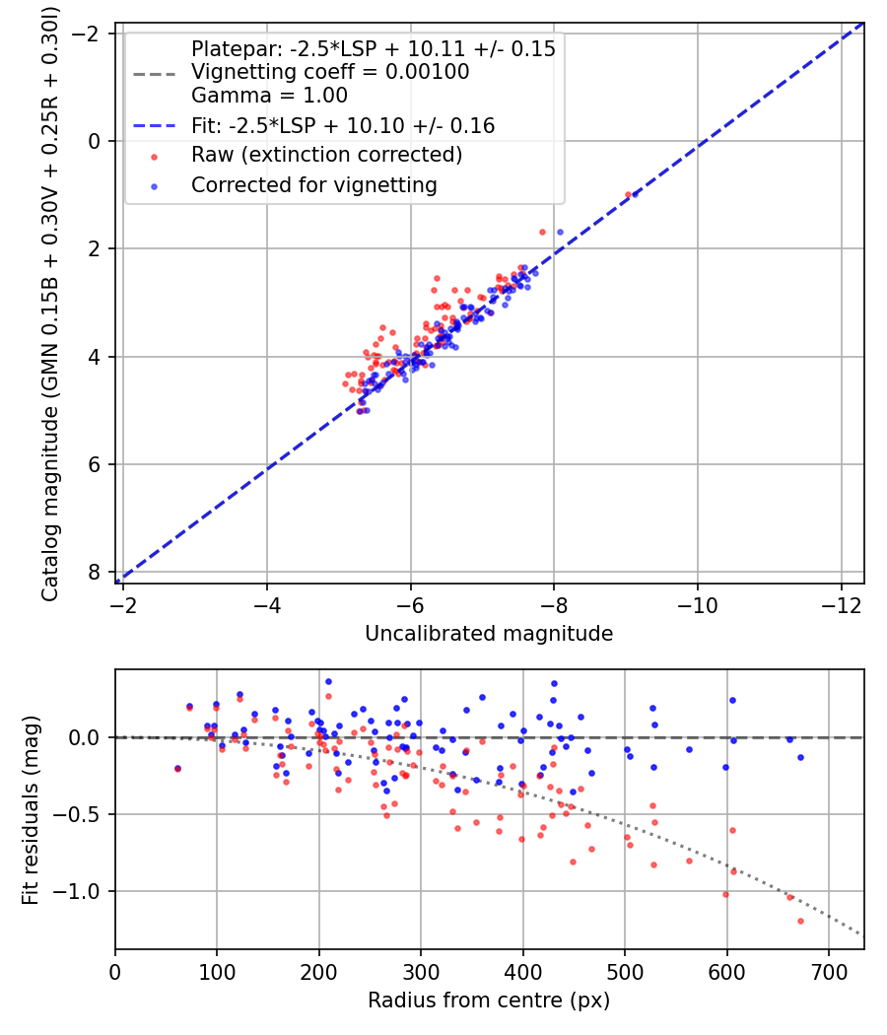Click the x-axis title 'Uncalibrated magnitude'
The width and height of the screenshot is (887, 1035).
[x=489, y=634]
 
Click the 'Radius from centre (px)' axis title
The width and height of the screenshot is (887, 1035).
[x=489, y=1000]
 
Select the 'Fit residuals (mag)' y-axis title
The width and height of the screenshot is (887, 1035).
[x=31, y=809]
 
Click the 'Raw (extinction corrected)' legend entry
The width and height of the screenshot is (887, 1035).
[x=326, y=155]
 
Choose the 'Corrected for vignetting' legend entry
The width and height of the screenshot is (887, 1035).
[x=314, y=184]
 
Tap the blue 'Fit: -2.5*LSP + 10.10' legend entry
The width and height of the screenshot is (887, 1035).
[x=343, y=125]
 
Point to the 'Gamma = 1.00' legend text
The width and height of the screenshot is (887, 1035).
[x=269, y=96]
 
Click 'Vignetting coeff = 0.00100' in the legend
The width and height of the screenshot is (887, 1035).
[x=330, y=72]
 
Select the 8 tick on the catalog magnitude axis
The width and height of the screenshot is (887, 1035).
[x=95, y=572]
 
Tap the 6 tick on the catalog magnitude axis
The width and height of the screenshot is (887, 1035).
[x=95, y=464]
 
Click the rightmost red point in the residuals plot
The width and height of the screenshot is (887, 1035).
[x=800, y=921]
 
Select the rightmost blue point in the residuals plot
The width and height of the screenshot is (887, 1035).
[x=800, y=757]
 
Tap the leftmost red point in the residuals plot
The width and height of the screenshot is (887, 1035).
[x=177, y=769]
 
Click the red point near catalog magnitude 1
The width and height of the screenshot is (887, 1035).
[x=628, y=194]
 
